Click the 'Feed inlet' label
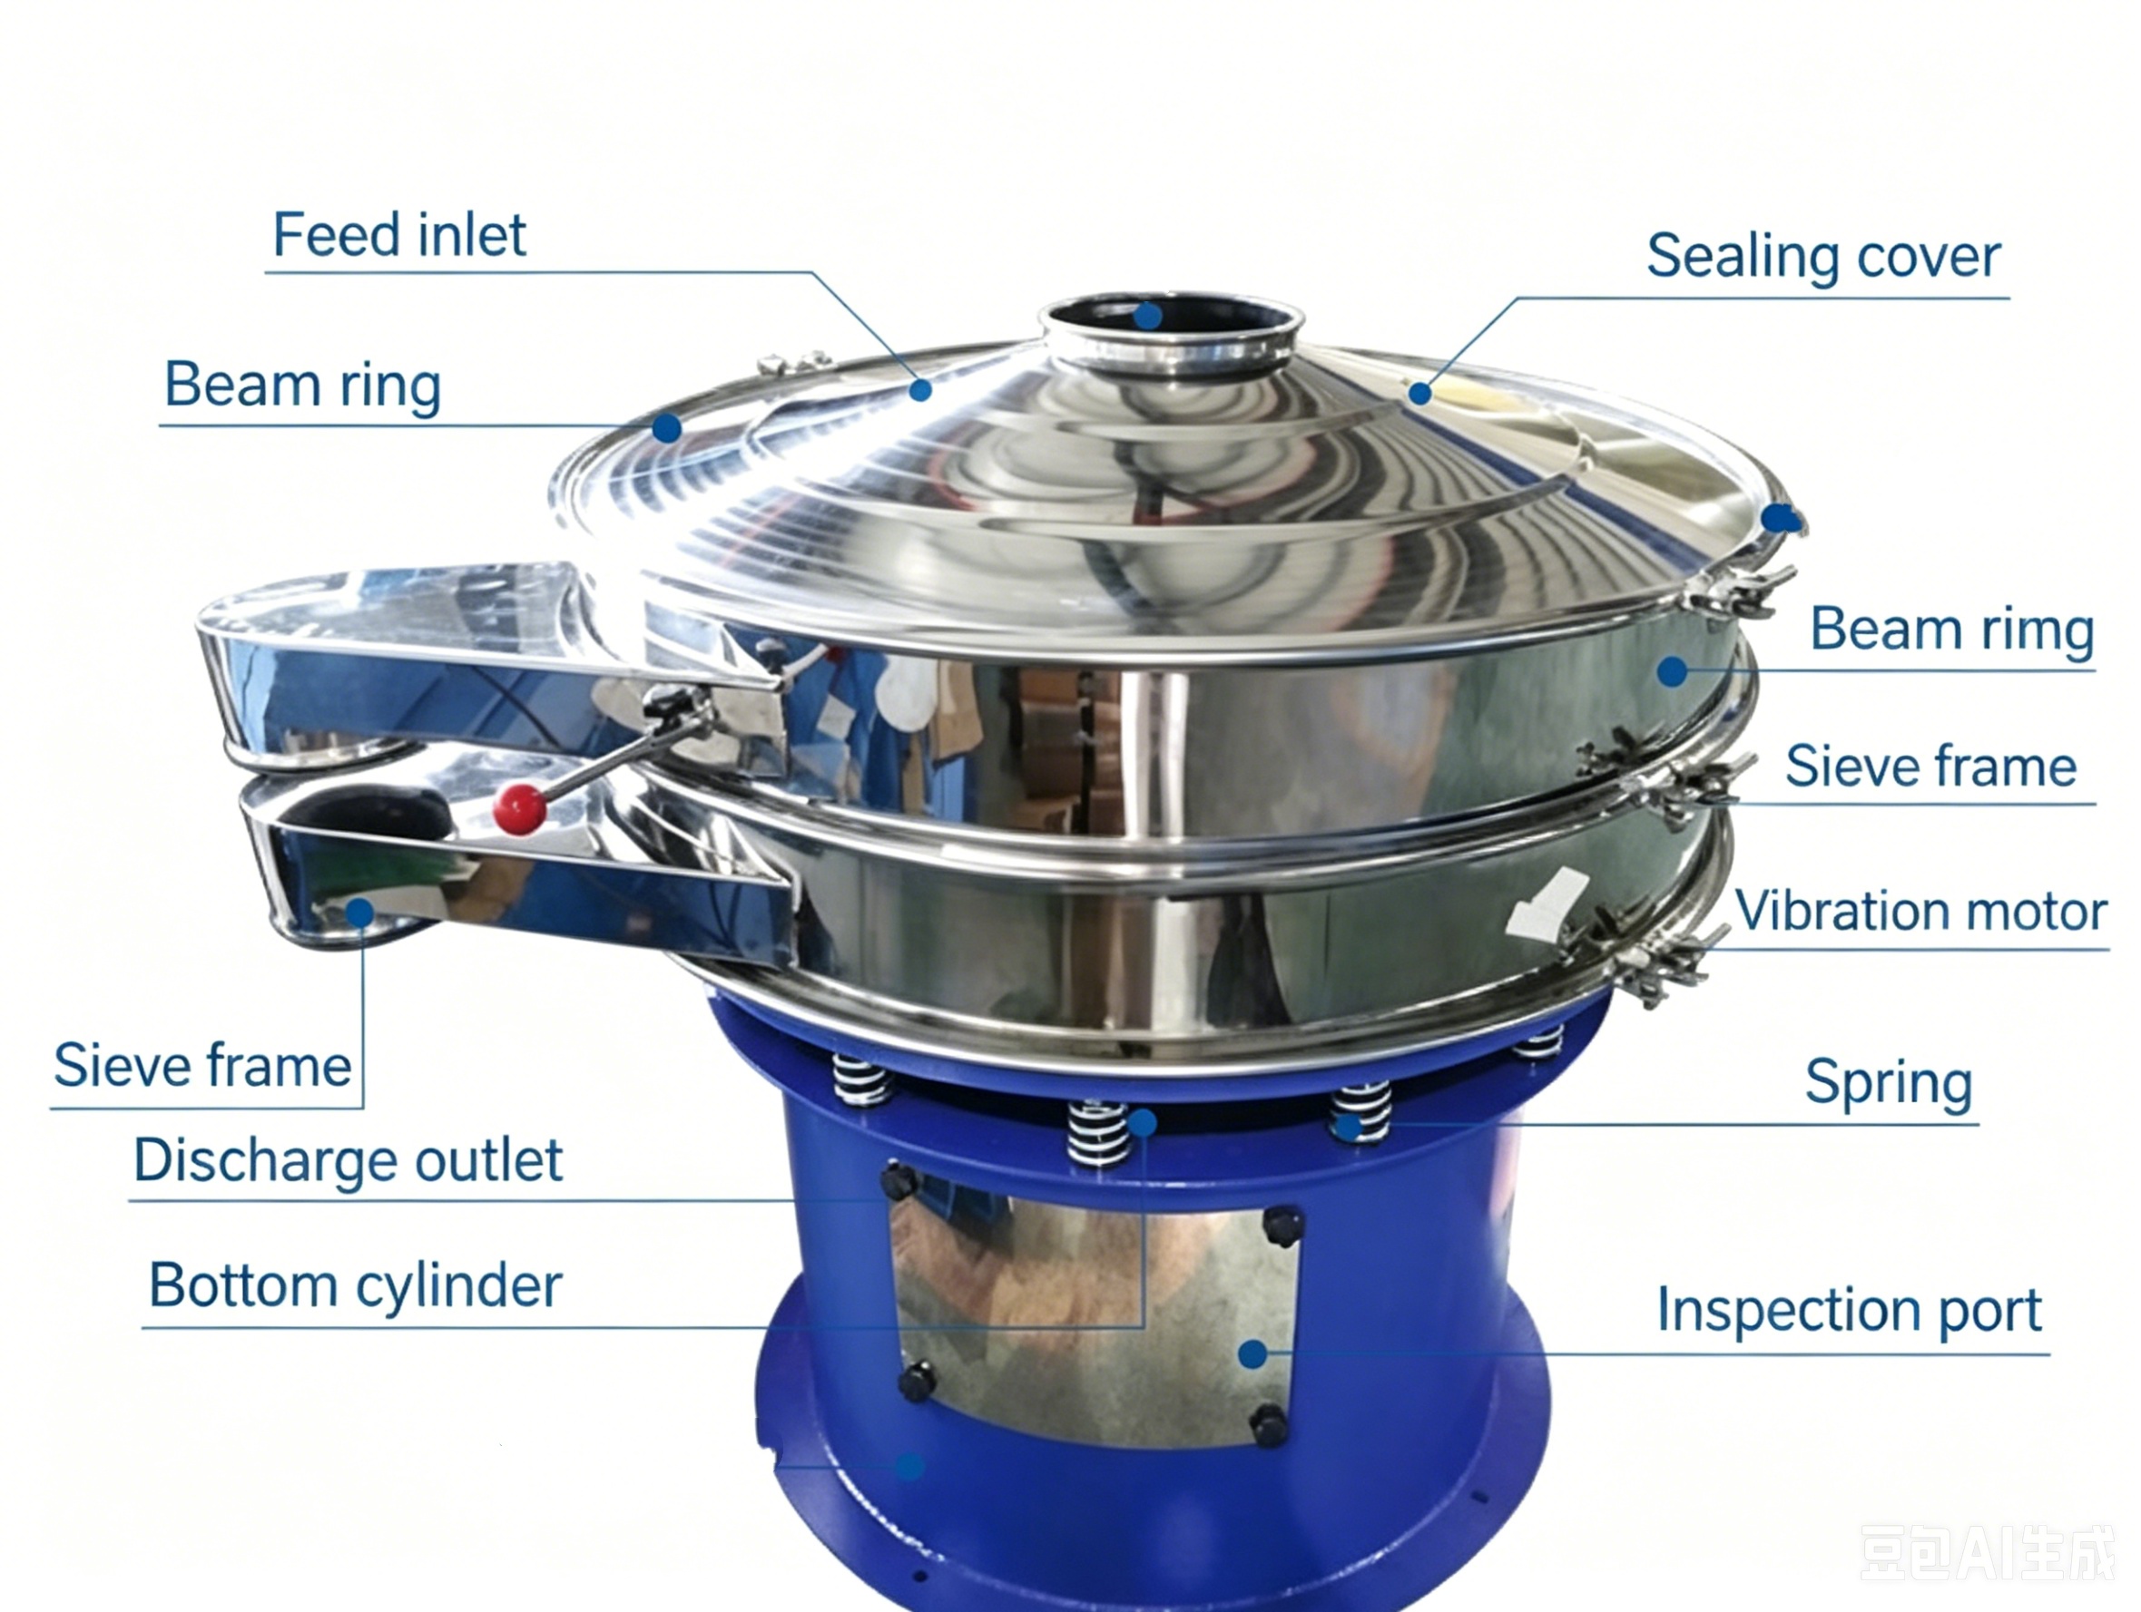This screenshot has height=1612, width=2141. coord(398,234)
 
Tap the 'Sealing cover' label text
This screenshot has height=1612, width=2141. coord(1823,258)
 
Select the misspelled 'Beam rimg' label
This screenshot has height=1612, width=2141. coord(1952,630)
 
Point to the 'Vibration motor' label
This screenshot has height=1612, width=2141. coord(1921,912)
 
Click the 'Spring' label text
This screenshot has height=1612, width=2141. coord(1889,1083)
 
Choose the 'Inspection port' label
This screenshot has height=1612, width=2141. coord(1849,1311)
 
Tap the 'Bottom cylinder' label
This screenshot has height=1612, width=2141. coord(355,1286)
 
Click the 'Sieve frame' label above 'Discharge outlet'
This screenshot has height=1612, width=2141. coord(202,1065)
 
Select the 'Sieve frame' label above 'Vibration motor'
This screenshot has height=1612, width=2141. coord(1931,767)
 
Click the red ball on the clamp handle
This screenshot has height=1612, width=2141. coord(520,809)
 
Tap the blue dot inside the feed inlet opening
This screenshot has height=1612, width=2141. coord(1148,316)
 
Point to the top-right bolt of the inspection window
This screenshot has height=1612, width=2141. coord(1283,1225)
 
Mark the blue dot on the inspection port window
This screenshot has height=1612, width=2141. coord(1253,1353)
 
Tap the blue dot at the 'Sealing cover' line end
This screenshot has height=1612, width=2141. coord(1419,393)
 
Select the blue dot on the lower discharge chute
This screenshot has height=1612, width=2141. coord(360,913)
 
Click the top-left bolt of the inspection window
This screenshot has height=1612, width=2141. coord(899,1181)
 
